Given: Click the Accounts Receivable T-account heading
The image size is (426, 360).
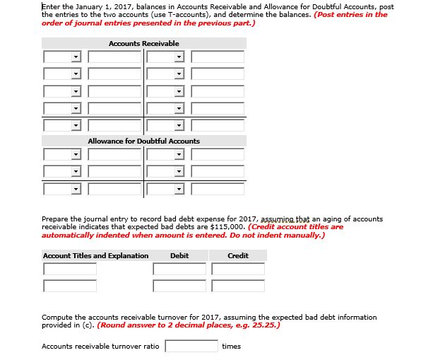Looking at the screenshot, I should [x=143, y=44].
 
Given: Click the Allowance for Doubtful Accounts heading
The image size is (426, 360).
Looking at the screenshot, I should [x=143, y=141].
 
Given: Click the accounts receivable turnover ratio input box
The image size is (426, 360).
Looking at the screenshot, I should [x=191, y=346].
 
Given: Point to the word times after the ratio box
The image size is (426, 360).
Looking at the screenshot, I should [x=231, y=346].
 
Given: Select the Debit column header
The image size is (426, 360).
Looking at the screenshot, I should [x=179, y=255].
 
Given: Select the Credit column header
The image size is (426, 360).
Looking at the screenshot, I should [x=238, y=255].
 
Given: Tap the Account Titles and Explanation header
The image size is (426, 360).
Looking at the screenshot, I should [x=95, y=255].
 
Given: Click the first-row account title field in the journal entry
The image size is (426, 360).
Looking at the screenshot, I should [x=69, y=269].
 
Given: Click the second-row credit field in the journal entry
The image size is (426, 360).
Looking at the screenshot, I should [x=238, y=286].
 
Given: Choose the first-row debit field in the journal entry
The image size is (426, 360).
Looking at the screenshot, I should [x=179, y=269].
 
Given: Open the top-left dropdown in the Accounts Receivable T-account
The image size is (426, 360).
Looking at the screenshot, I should [x=61, y=57].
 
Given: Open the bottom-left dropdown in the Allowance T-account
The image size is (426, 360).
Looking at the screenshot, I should [x=61, y=189].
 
